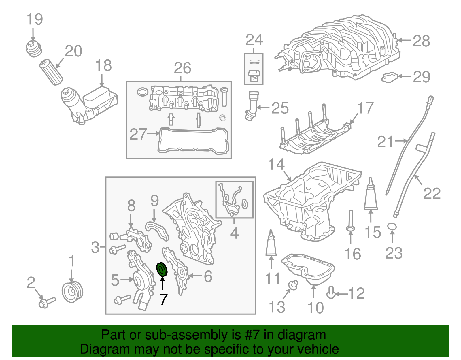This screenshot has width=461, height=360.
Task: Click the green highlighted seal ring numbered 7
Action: [162, 269]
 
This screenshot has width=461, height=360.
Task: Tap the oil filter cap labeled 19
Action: [34, 49]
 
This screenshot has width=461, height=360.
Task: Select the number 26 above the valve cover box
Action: [182, 68]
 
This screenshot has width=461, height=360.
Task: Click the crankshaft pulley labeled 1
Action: [72, 293]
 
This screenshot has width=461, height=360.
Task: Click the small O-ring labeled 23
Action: [392, 227]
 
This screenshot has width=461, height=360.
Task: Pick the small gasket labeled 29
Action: [390, 77]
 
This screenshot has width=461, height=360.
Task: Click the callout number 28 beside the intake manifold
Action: [421, 41]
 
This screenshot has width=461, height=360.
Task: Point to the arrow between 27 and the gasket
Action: [153, 133]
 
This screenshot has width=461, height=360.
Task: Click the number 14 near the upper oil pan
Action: [276, 164]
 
